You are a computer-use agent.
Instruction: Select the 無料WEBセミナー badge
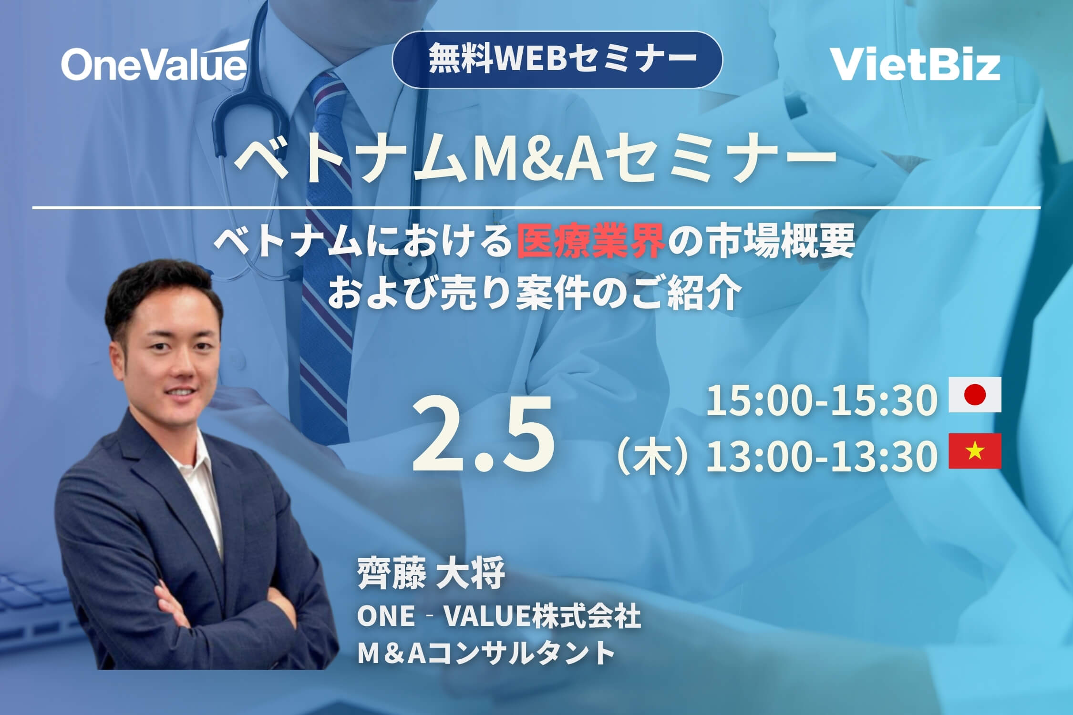point(557,59)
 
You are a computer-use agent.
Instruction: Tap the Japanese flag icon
point(975,395)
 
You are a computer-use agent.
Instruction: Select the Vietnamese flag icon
point(975,451)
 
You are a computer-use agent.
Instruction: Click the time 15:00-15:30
point(819,400)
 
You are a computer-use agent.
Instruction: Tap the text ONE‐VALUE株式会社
point(499,616)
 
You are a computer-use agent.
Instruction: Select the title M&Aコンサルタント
point(485,653)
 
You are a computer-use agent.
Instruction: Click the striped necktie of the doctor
point(324,238)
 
